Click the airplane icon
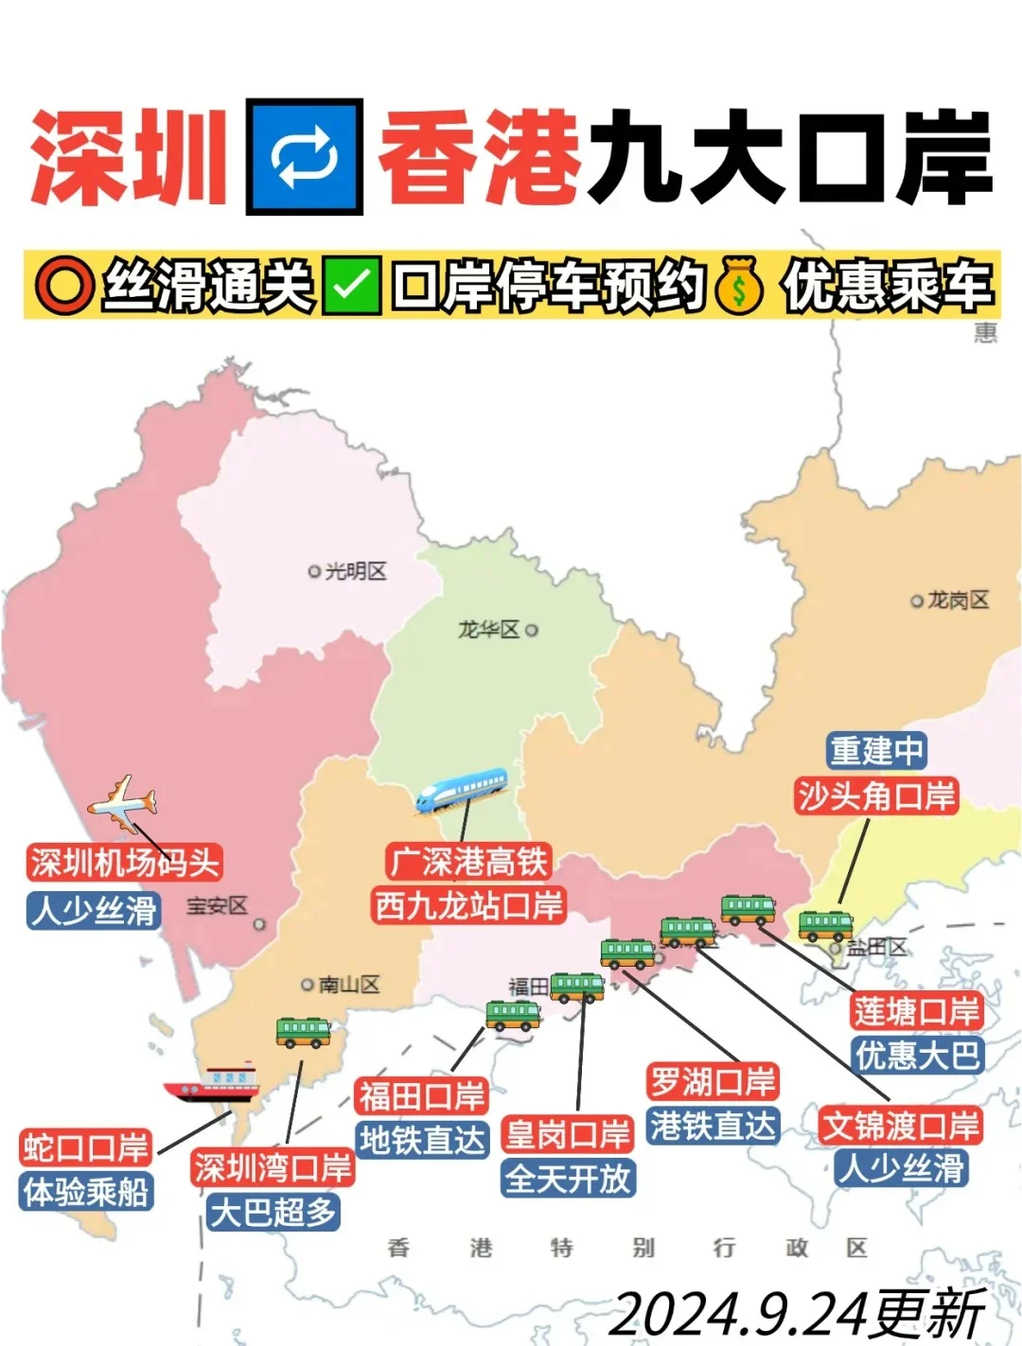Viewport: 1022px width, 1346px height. [122, 802]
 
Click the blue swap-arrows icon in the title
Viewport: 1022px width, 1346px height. [305, 157]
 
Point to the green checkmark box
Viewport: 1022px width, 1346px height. [351, 285]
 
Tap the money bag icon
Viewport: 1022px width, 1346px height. [740, 285]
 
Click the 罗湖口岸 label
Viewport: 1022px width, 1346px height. [713, 1081]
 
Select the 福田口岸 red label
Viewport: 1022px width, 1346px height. [422, 1096]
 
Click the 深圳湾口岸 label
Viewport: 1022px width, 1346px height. [273, 1168]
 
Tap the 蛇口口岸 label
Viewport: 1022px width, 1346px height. [86, 1147]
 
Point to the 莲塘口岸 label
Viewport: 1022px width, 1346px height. [916, 1011]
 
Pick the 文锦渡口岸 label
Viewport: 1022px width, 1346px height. [901, 1126]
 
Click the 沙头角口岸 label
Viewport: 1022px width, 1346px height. [876, 795]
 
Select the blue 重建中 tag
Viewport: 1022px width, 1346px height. [876, 751]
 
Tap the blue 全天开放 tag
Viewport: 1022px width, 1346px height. [568, 1179]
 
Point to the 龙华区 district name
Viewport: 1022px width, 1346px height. [489, 630]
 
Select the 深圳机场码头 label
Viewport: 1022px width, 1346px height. [125, 863]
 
